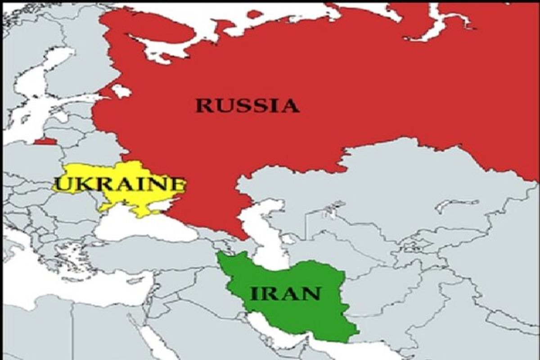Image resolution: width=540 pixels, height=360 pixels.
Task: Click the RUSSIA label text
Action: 247,106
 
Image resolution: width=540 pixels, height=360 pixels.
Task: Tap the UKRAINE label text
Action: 119,184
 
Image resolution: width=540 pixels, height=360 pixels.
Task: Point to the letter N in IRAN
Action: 312,293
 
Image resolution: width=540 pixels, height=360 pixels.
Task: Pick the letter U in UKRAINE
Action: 61,184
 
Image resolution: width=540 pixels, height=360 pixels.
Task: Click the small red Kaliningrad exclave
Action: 45,141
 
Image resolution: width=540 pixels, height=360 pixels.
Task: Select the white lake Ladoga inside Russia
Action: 121,91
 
